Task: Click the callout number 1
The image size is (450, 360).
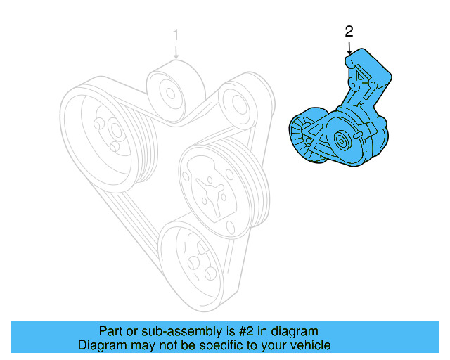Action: [x=176, y=34]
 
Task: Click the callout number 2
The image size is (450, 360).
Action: [x=349, y=31]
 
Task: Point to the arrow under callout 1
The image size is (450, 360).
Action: [x=176, y=51]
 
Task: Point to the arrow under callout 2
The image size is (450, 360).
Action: [x=349, y=48]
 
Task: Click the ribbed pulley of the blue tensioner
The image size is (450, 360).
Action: [x=305, y=139]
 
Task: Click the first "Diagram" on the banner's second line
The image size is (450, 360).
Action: [x=101, y=345]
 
